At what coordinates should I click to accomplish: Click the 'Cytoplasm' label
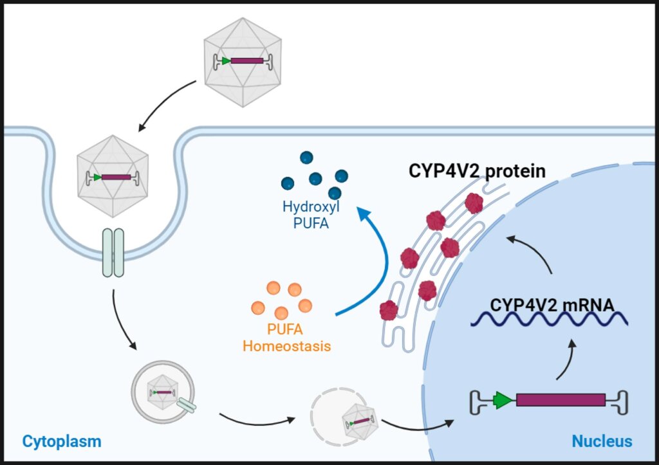62,441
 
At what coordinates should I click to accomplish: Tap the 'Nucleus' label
602,441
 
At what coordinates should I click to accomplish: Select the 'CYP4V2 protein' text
478,172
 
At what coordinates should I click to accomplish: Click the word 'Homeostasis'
286,347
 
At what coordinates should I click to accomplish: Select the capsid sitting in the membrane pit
113,177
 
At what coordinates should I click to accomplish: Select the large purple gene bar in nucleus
560,400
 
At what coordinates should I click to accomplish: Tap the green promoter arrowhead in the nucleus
503,400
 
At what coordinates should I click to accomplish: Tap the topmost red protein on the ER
474,203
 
